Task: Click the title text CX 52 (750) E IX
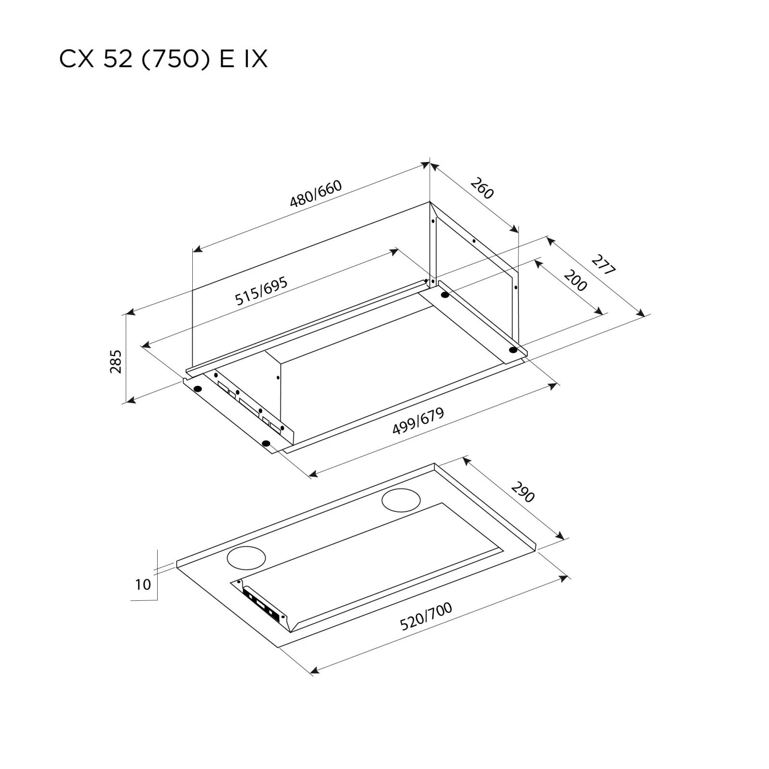pos(163,60)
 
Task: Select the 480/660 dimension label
pos(315,194)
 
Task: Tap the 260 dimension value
pos(482,188)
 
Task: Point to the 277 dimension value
pos(603,265)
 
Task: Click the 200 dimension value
pos(575,281)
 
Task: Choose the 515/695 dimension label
pos(261,291)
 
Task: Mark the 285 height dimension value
pos(116,361)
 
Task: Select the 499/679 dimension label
pos(418,422)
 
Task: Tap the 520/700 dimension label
pos(426,617)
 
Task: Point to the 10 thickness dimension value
pos(143,585)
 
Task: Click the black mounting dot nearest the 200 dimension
pos(445,295)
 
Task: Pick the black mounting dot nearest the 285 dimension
pos(197,388)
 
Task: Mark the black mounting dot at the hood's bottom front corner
pos(267,443)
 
